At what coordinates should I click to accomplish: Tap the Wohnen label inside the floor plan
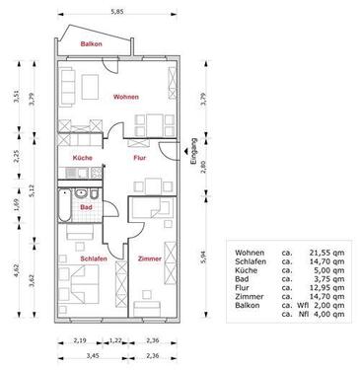point(125,97)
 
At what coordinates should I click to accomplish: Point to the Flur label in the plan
point(140,156)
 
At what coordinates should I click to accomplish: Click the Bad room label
point(86,208)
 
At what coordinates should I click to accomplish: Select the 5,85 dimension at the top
point(117,12)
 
